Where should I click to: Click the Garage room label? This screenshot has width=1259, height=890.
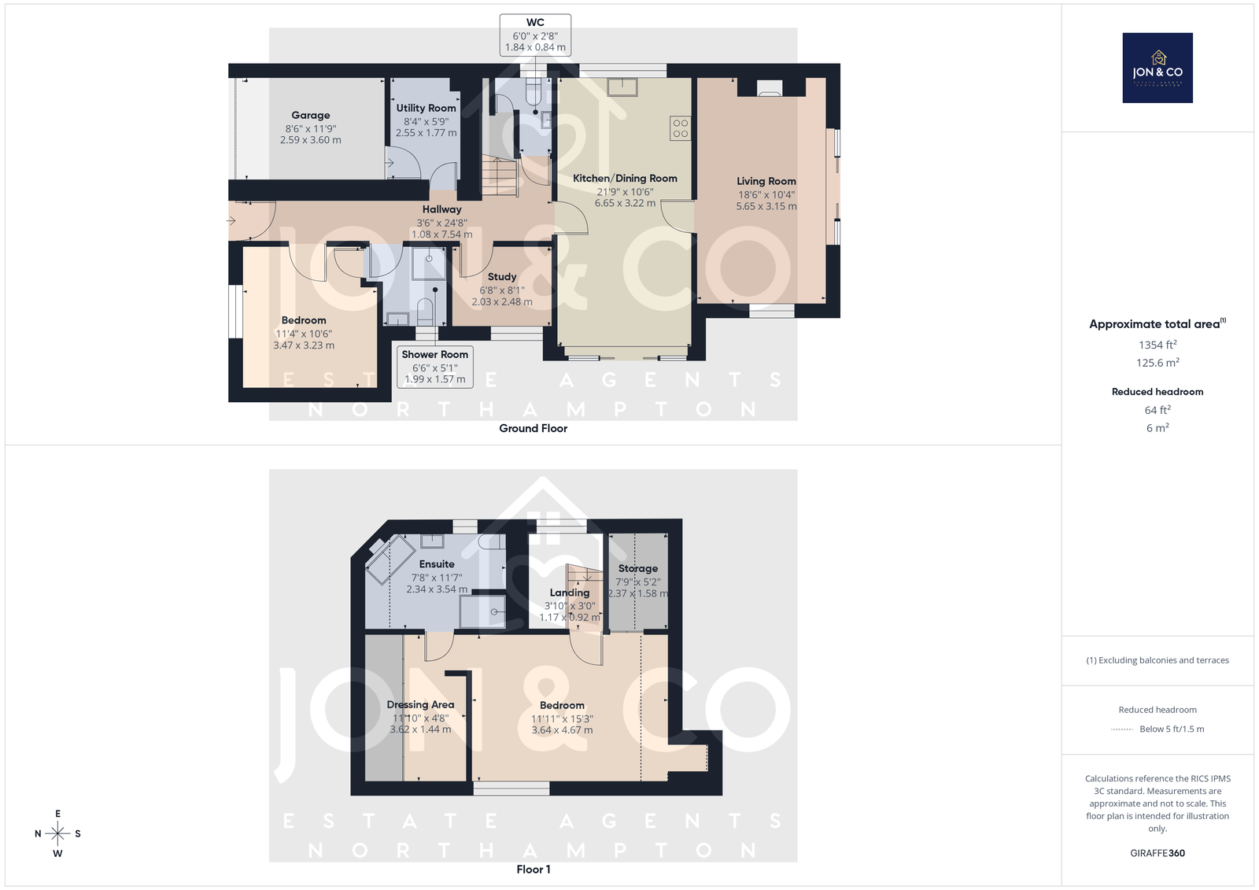tap(310, 115)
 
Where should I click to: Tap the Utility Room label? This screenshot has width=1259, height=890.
tap(426, 108)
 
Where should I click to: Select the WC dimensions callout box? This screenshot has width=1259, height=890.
tap(535, 35)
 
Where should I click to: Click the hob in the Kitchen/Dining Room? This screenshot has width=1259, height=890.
tap(680, 128)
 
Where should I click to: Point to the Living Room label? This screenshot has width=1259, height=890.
tap(766, 181)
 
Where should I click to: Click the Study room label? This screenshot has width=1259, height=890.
tap(502, 277)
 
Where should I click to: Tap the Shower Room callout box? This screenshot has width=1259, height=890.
tap(435, 367)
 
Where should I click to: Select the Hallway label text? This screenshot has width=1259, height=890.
tap(441, 209)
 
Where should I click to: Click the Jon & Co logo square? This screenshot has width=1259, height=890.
tap(1157, 68)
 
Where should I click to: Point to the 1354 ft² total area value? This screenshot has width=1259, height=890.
tap(1157, 345)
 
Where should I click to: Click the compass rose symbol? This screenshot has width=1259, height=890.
tap(57, 833)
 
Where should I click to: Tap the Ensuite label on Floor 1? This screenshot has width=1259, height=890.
tap(437, 564)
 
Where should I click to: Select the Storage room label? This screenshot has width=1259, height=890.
tap(638, 568)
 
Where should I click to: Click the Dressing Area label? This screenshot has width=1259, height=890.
tap(420, 704)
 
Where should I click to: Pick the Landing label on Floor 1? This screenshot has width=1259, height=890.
tap(570, 593)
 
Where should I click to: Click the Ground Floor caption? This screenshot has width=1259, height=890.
tap(533, 428)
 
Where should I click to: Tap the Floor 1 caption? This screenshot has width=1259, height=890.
tap(534, 870)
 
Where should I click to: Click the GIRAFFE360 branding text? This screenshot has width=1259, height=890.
tap(1157, 853)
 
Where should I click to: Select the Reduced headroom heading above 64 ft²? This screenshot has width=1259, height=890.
tap(1157, 392)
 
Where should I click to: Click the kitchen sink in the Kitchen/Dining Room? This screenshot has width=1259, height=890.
tap(622, 87)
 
